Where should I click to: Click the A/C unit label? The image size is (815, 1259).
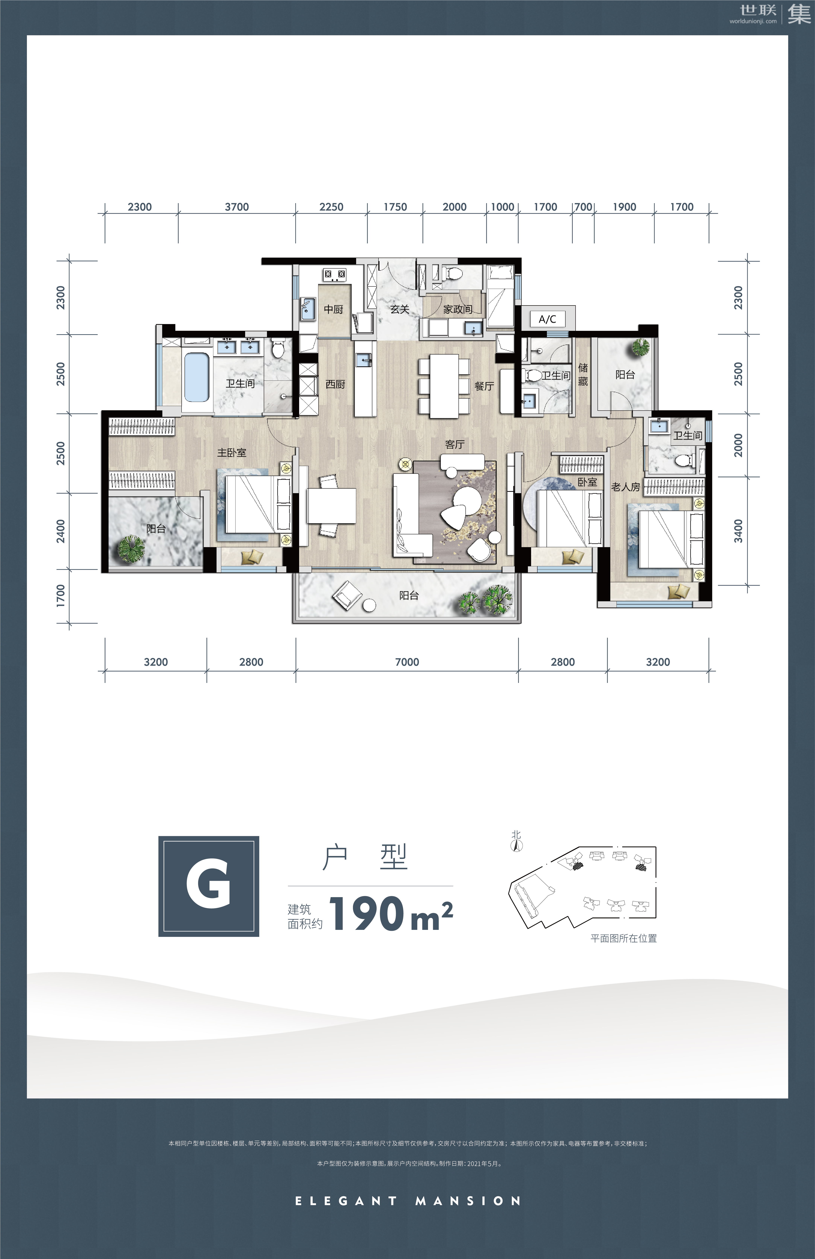pos(547,319)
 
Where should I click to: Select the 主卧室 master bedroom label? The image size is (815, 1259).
pos(232,453)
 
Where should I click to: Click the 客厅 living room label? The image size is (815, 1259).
pos(455,444)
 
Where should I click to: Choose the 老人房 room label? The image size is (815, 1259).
pos(626,487)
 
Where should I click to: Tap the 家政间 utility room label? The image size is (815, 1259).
pos(458,309)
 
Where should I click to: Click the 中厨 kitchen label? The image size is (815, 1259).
pos(333,309)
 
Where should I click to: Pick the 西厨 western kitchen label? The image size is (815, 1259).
pos(335,384)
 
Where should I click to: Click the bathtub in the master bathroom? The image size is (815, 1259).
pos(196,377)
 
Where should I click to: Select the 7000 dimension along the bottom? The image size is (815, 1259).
pos(407,662)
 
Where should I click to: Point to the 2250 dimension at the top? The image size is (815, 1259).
pos(331,207)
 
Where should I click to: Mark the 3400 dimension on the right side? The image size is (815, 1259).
pos(738,531)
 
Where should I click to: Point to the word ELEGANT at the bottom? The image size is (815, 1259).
pos(346,1201)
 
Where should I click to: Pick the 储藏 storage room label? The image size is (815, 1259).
pos(583,374)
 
